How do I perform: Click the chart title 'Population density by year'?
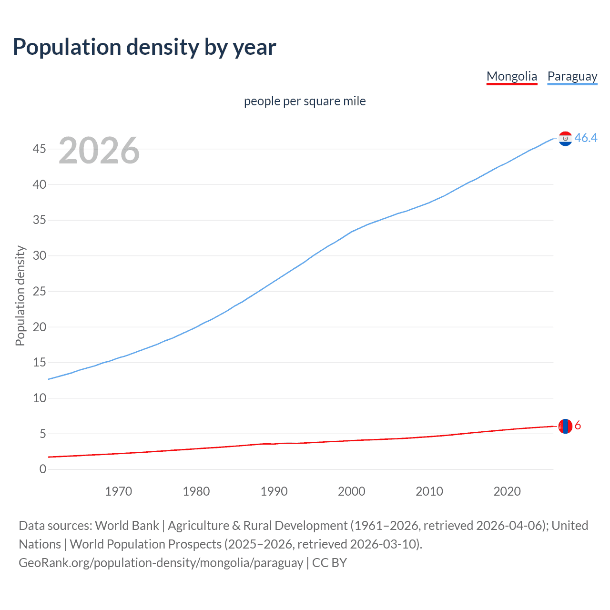click(x=144, y=47)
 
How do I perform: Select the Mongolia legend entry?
click(x=511, y=76)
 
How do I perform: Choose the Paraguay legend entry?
click(x=572, y=76)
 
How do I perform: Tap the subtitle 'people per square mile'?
click(x=305, y=102)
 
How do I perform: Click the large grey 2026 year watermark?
click(x=99, y=151)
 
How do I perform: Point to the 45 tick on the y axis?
click(x=40, y=149)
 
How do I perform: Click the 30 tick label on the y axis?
click(x=40, y=256)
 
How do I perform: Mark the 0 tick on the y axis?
click(x=43, y=469)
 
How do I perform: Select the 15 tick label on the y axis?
click(x=40, y=363)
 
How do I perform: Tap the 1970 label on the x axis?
click(x=118, y=491)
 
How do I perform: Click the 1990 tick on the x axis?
click(x=274, y=491)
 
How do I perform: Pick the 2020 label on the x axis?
click(x=507, y=491)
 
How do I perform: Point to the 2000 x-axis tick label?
click(x=352, y=491)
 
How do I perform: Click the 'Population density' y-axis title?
click(x=20, y=295)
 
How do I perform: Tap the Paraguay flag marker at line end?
click(x=565, y=139)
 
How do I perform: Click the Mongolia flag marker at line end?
click(x=565, y=426)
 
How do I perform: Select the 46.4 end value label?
click(x=586, y=138)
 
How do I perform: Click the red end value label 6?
click(x=578, y=426)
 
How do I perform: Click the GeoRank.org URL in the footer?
click(x=161, y=563)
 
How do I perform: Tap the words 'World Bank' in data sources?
click(x=127, y=526)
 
